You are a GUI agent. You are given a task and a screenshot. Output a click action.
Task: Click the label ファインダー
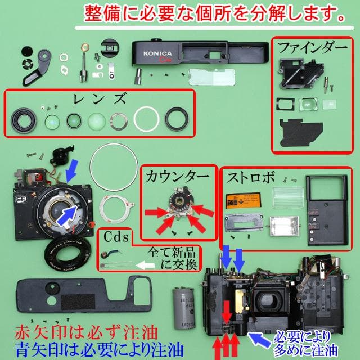[313, 48]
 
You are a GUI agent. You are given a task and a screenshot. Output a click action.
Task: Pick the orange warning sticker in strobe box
[243, 201]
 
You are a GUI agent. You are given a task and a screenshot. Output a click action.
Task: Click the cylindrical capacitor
[183, 308]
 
